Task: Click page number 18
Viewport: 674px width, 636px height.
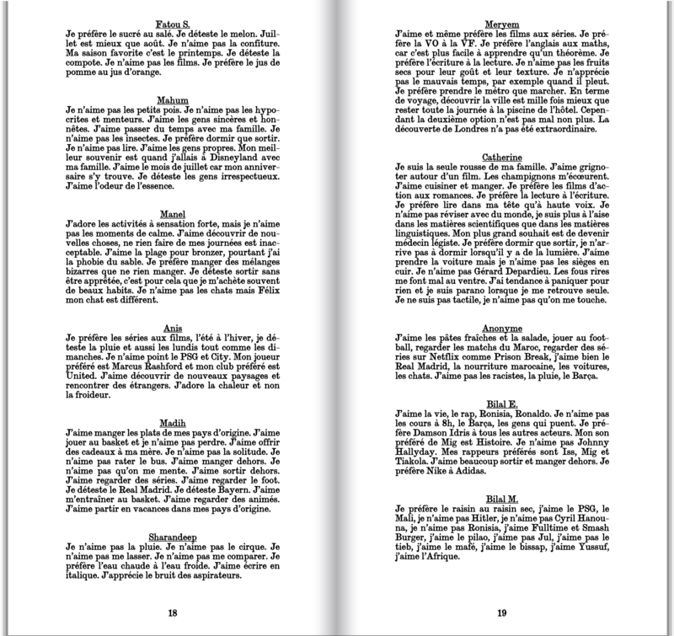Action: [x=172, y=612]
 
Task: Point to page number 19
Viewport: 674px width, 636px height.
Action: [x=502, y=612]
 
